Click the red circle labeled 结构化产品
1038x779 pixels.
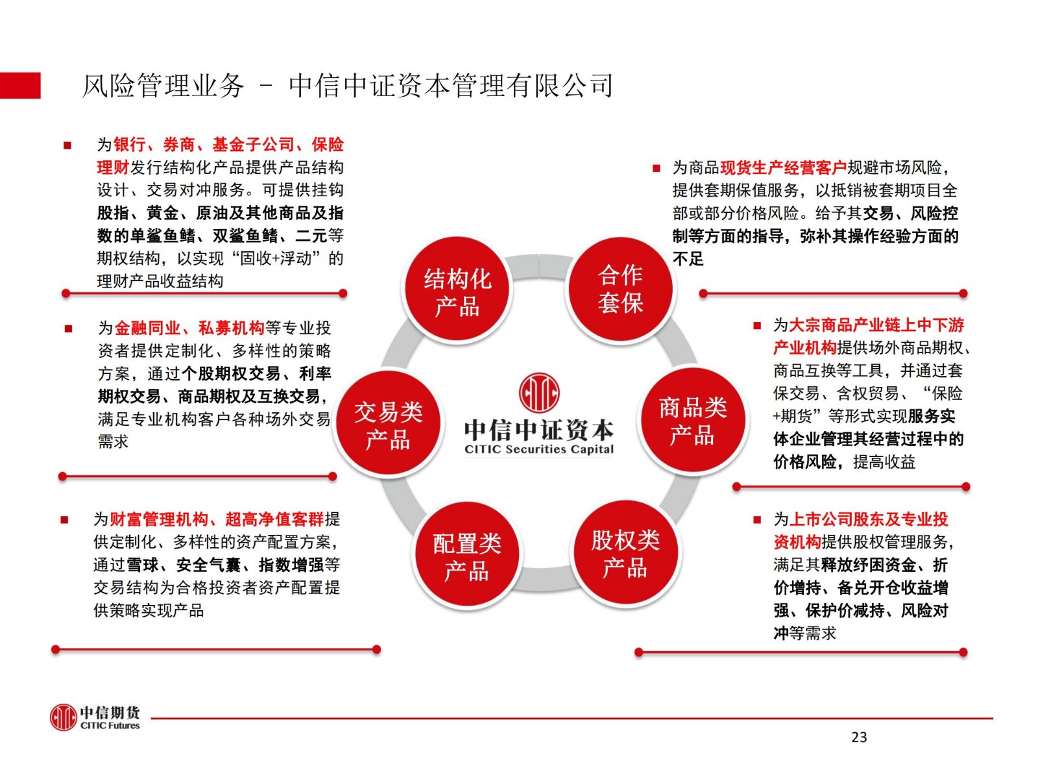[457, 288]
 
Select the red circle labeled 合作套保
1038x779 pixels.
[620, 288]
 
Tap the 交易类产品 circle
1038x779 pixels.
[388, 423]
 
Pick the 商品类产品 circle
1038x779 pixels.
[692, 420]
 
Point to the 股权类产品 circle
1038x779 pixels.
[625, 552]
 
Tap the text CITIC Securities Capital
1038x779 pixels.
[539, 449]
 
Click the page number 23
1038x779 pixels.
[859, 737]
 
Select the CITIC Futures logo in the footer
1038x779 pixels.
[95, 717]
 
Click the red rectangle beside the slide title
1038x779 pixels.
[20, 86]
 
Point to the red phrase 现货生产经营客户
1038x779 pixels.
[783, 167]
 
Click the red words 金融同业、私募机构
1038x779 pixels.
[189, 327]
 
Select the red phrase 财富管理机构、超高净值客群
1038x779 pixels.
[217, 519]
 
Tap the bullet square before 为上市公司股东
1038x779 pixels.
[757, 520]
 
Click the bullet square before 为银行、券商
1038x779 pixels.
[67, 145]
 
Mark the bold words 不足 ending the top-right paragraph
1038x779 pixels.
[688, 259]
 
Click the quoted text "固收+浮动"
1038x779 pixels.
[276, 258]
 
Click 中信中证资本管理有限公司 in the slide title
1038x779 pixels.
[451, 86]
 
